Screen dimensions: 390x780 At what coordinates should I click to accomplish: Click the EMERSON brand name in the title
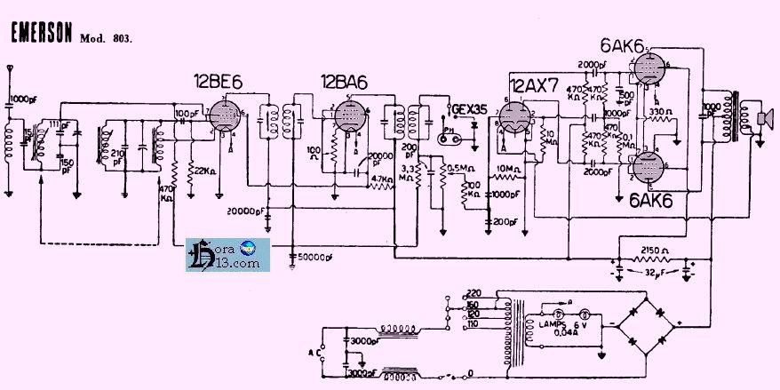[x=42, y=34]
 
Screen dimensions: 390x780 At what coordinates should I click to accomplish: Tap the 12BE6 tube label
[x=218, y=83]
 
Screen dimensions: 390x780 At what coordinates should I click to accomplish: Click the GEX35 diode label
[x=470, y=110]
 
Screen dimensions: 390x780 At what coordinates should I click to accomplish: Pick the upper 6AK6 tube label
[x=623, y=46]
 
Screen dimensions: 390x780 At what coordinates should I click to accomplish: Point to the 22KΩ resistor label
[x=203, y=171]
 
